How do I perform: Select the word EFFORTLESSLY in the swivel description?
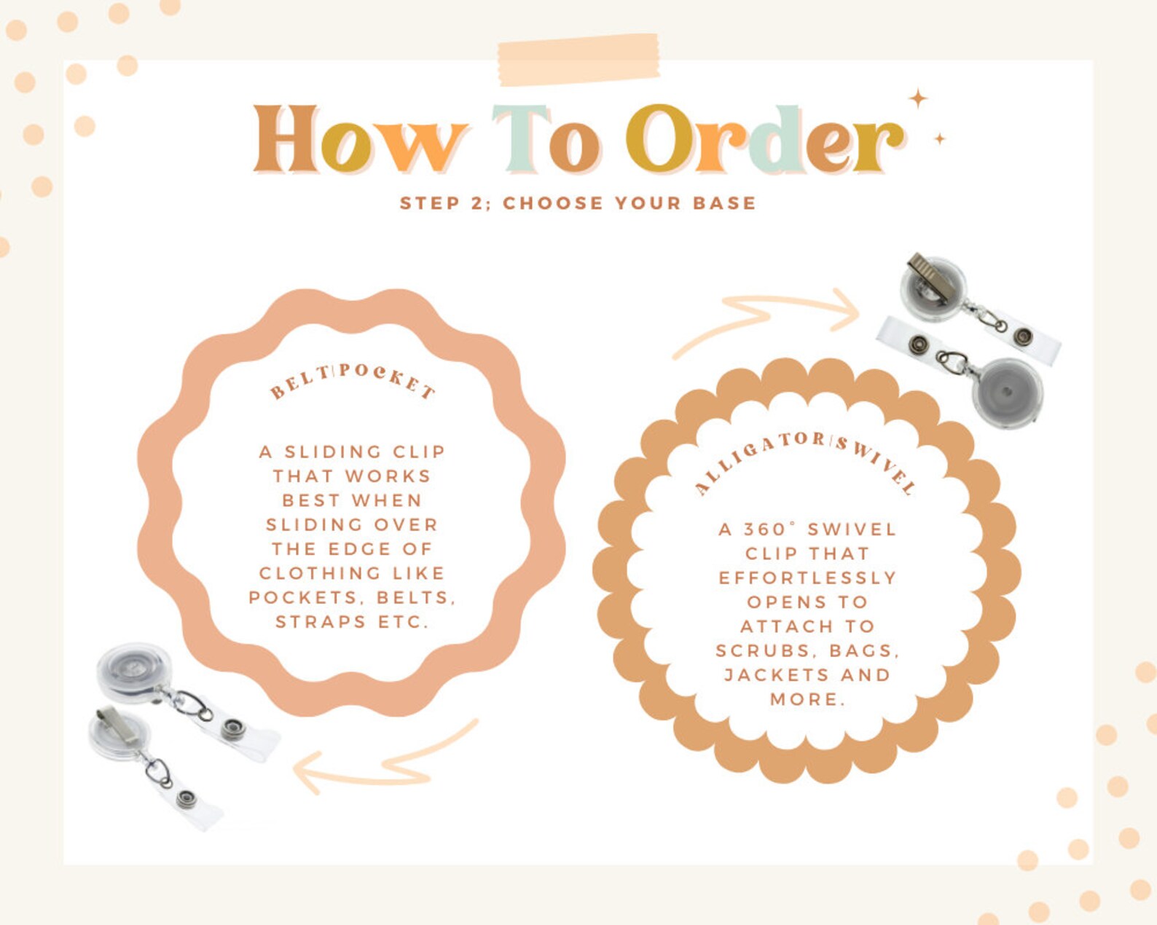click(807, 578)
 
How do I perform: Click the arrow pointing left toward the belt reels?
click(385, 757)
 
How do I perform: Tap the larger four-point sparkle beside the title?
click(918, 100)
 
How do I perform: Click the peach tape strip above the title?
click(578, 60)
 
